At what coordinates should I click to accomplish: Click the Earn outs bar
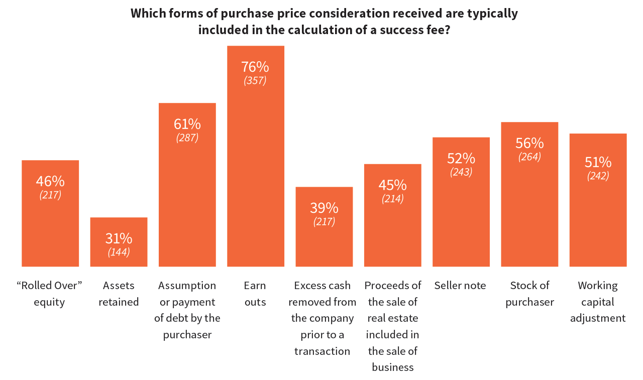255,176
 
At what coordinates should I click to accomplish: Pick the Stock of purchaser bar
529,211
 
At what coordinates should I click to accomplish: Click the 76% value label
255,67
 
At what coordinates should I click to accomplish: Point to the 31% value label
119,238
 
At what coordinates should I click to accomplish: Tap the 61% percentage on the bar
187,124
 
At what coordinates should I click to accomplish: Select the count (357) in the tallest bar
255,80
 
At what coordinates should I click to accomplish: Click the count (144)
119,252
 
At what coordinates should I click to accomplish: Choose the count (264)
529,157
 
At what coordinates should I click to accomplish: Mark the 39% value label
324,208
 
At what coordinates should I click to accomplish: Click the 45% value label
392,185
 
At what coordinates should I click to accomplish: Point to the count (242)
598,176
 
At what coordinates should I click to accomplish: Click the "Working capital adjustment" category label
598,302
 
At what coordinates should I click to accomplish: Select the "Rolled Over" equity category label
50,294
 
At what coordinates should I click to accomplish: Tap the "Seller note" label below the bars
461,286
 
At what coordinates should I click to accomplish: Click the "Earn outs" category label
255,294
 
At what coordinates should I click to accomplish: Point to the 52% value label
461,159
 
